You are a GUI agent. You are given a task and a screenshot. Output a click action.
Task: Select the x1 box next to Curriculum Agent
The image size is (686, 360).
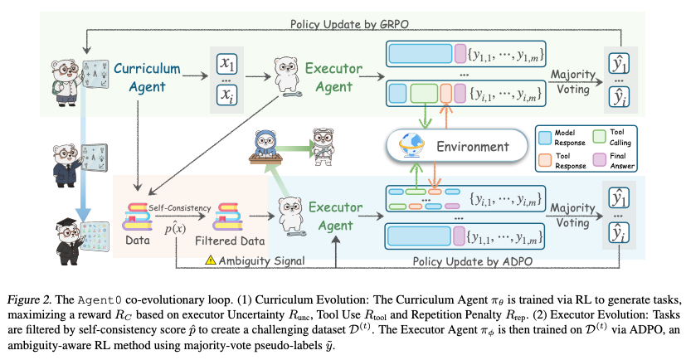click(x=226, y=63)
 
